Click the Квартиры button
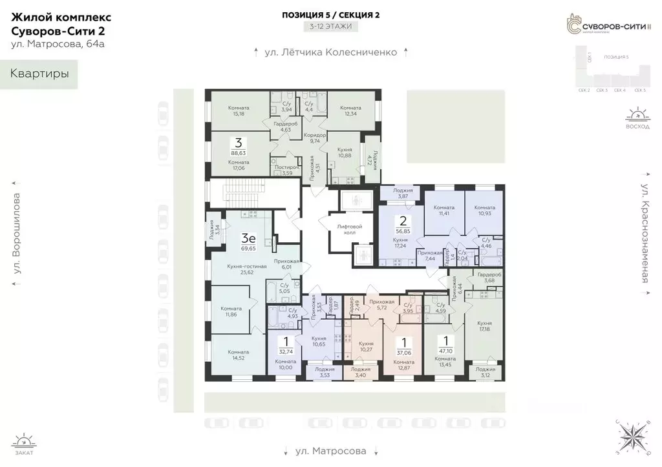[39, 74]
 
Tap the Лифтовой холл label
[350, 229]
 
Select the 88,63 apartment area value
[239, 152]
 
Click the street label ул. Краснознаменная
[645, 233]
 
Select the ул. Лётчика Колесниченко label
[331, 52]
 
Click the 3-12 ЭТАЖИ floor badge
[331, 27]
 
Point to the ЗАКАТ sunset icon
[25, 444]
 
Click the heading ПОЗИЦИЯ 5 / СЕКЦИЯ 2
[331, 14]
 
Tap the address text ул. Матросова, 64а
[58, 45]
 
